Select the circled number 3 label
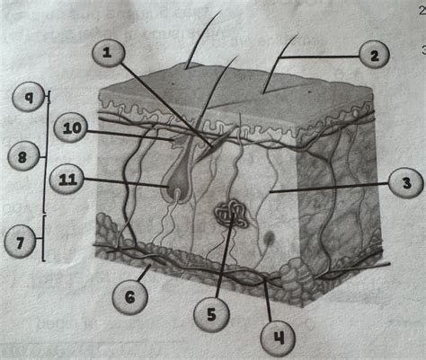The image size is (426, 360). pyautogui.click(x=407, y=185)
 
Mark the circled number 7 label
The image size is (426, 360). pyautogui.click(x=22, y=241)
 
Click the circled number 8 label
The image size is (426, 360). pyautogui.click(x=22, y=157)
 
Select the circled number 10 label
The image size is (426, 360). pyautogui.click(x=70, y=130)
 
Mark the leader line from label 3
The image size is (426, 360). pyautogui.click(x=333, y=189)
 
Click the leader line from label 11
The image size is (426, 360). pyautogui.click(x=126, y=183)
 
